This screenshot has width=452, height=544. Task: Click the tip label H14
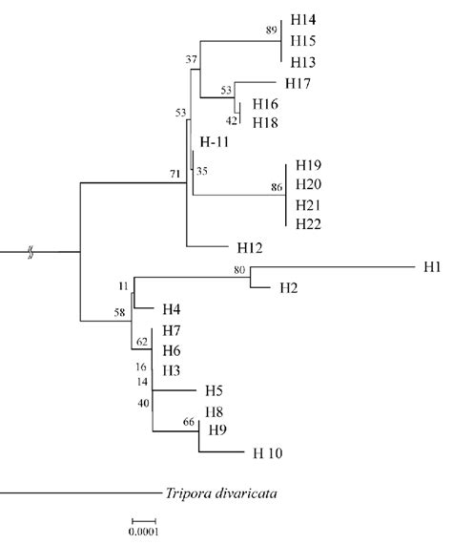coord(307,20)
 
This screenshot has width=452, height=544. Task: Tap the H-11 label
coord(217,142)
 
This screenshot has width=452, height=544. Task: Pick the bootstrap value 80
coord(239,270)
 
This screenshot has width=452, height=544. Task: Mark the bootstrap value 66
coord(189,421)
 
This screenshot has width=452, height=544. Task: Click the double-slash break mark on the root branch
coord(31,253)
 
